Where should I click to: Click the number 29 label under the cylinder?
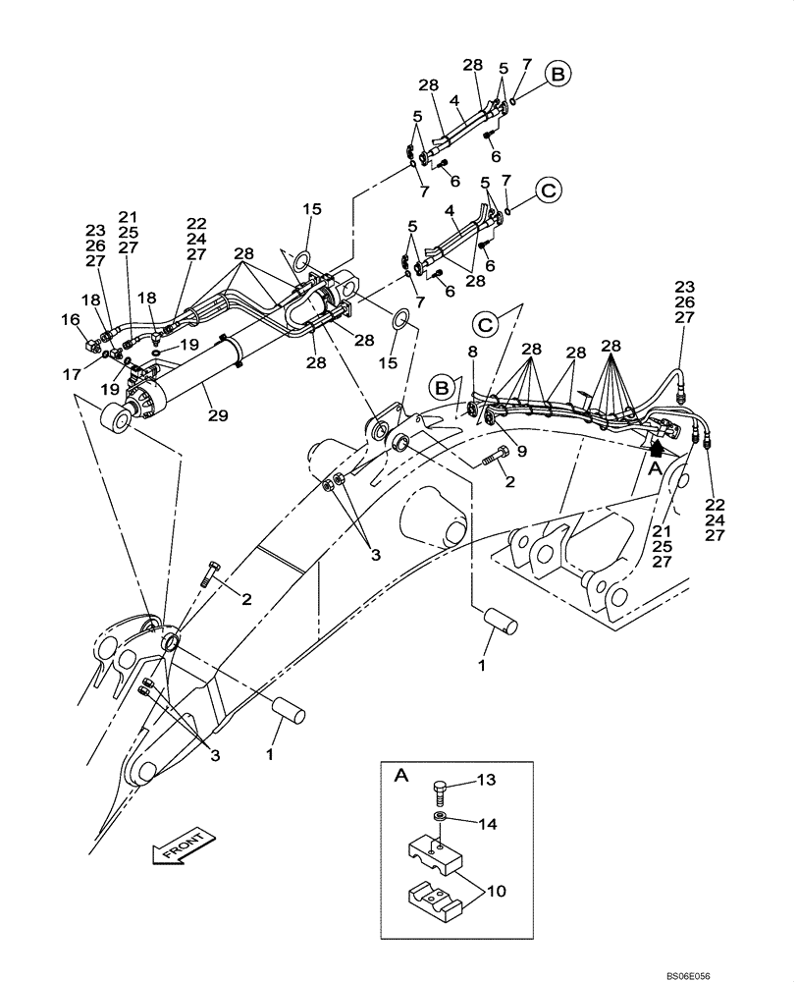(x=218, y=416)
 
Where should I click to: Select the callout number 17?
(x=70, y=374)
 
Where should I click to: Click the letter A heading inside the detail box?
(x=400, y=776)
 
